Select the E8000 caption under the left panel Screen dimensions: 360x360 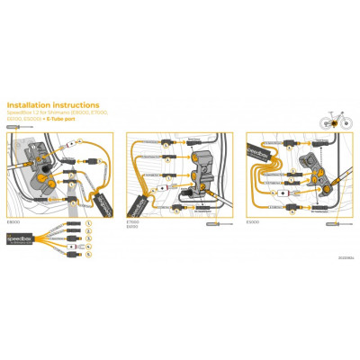[13, 220]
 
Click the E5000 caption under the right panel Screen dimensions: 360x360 [254, 220]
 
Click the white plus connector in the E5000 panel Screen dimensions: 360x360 [284, 192]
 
